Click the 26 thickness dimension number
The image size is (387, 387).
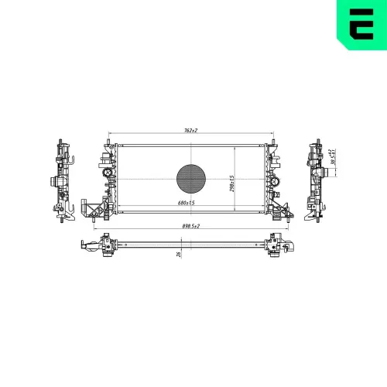tap(179, 253)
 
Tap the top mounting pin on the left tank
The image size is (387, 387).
tap(107, 140)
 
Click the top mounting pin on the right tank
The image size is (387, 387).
tap(272, 140)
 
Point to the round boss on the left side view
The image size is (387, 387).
tap(55, 182)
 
